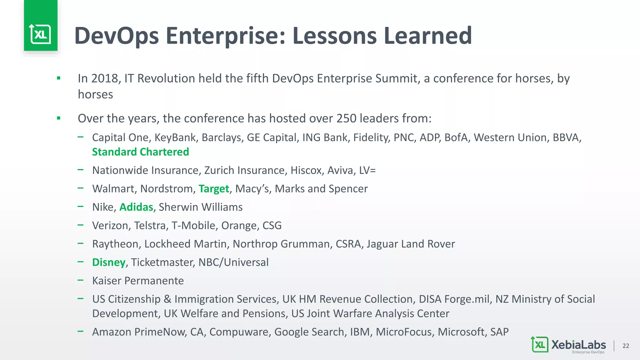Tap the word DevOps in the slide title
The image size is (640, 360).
[117, 36]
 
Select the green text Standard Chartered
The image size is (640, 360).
[140, 152]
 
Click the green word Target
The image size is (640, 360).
[214, 189]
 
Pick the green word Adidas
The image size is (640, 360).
[136, 207]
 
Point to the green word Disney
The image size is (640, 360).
[108, 262]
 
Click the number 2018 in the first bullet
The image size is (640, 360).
[104, 78]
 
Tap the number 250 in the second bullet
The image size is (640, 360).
[346, 118]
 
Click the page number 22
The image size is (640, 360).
[626, 346]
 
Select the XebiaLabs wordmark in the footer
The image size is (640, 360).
[578, 345]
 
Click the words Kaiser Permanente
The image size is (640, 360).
[138, 281]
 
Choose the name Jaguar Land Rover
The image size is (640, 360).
[411, 244]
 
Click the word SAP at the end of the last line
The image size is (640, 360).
[499, 332]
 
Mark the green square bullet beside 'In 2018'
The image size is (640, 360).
[58, 78]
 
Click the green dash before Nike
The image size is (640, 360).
[81, 207]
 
